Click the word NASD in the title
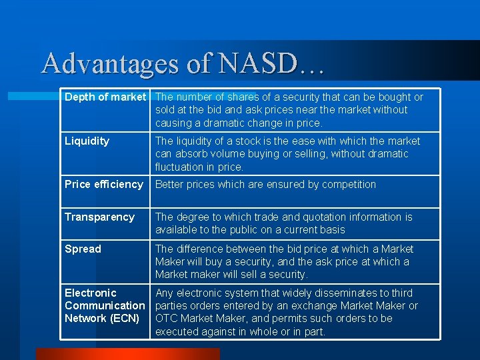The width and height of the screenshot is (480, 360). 265,64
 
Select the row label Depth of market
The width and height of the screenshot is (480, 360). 105,97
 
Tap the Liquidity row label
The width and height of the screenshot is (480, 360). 87,141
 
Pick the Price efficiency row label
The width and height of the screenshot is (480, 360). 103,185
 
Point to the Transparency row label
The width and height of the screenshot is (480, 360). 99,217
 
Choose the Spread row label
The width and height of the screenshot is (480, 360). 83,249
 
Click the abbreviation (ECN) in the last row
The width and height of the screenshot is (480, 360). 123,319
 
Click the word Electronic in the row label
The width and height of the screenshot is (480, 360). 90,293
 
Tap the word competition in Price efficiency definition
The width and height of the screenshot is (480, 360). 349,185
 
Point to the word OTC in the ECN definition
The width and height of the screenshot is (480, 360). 166,319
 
